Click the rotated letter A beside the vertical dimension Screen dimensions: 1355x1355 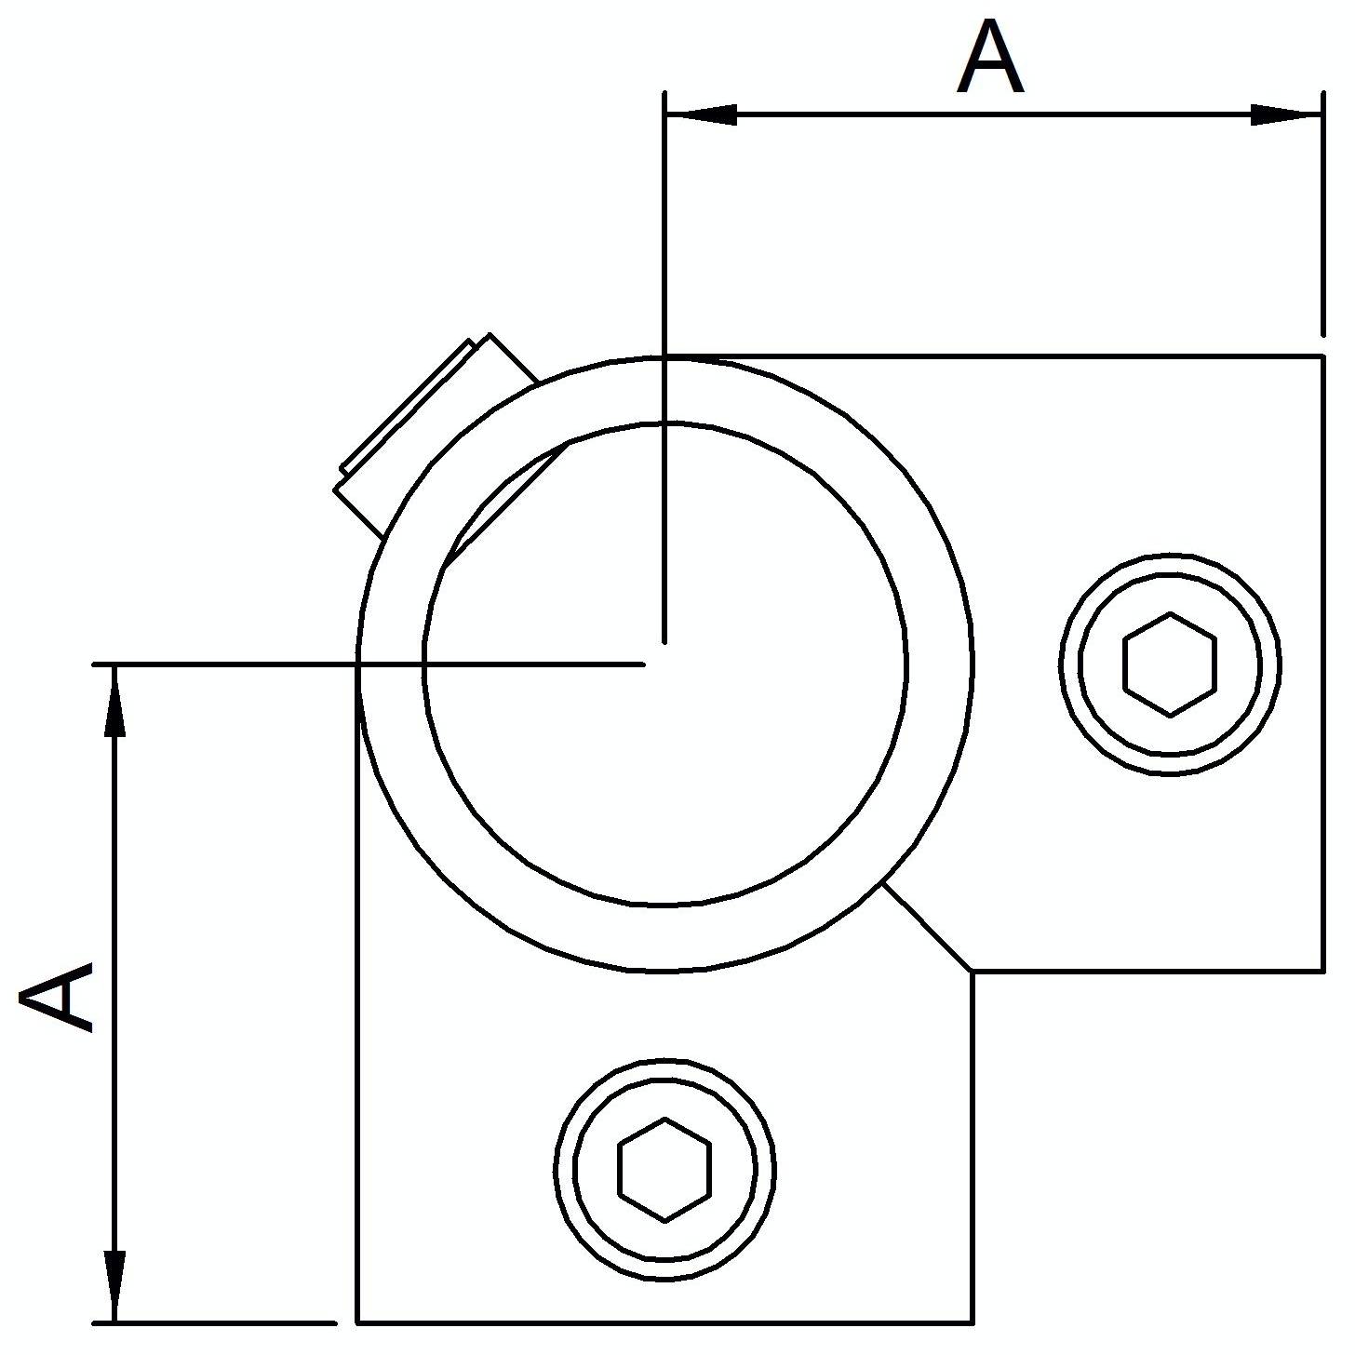57,996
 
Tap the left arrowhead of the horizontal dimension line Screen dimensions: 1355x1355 701,114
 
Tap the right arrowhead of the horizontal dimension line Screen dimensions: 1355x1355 1286,114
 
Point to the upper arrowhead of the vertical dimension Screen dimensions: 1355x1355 114,701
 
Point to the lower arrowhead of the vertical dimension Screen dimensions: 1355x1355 114,1286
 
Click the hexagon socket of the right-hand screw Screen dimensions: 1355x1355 1170,664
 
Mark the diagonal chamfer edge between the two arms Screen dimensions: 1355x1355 927,928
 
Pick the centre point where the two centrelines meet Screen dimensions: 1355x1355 664,664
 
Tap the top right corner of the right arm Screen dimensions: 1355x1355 1322,356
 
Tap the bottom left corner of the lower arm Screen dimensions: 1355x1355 358,1322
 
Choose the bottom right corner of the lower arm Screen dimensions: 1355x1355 973,1322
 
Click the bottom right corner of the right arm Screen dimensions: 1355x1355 1322,972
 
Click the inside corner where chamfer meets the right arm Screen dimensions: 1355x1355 973,972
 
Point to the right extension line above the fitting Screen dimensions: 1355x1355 1322,214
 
